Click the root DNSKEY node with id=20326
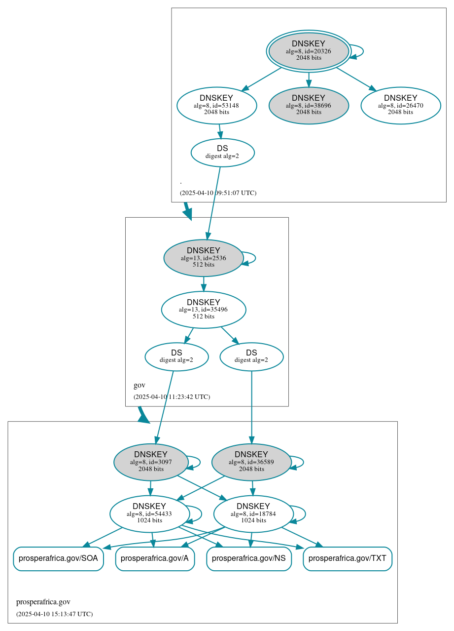[309, 51]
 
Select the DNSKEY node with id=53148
[216, 105]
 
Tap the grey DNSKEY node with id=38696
[309, 105]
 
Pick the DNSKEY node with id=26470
[400, 105]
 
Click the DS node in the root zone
[222, 153]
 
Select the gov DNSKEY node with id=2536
[203, 258]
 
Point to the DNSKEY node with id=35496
[203, 310]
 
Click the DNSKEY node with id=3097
[151, 462]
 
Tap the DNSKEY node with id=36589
[251, 462]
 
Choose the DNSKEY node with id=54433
[149, 514]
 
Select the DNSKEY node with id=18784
[253, 514]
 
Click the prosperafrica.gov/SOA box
[58, 559]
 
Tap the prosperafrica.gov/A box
[155, 559]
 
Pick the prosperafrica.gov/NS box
[249, 559]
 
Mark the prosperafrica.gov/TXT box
[348, 559]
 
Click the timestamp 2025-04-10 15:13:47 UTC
[54, 614]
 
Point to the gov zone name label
[140, 385]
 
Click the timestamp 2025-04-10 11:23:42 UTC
[172, 396]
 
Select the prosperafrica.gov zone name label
[43, 602]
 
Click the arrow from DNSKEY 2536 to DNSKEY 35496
[203, 284]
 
